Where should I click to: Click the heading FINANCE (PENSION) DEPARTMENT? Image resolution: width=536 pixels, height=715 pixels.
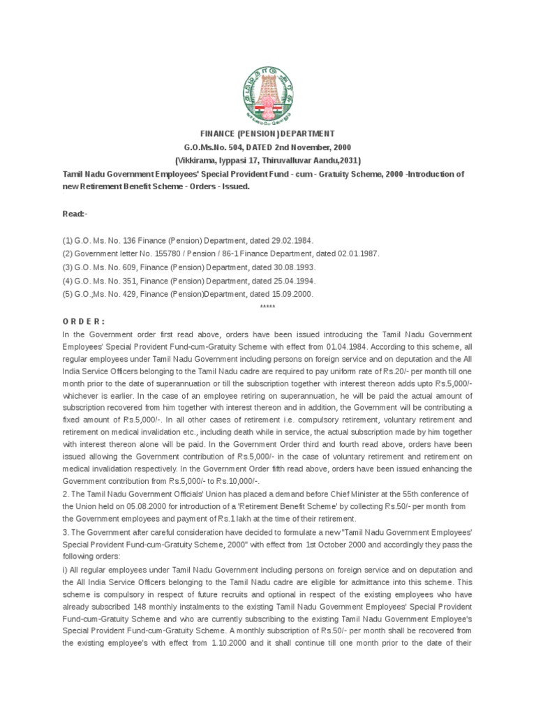point(267,133)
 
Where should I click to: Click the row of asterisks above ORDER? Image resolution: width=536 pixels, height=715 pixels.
point(267,308)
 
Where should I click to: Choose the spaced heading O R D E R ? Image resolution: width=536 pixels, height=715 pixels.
point(84,321)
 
